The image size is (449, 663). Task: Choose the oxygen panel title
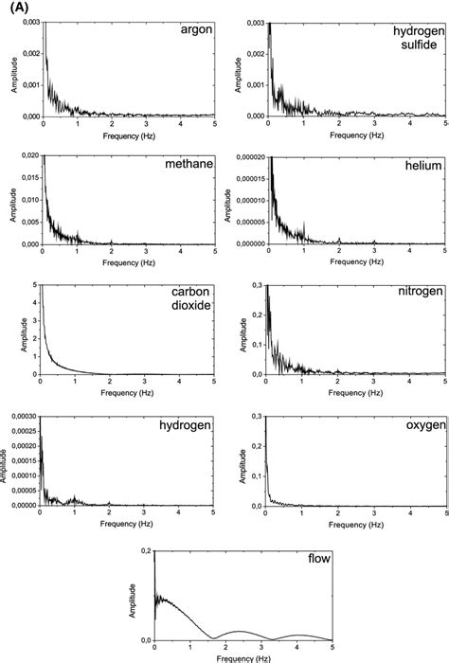pos(421,426)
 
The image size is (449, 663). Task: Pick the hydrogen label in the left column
pos(184,427)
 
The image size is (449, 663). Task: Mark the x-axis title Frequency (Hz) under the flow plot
pos(242,657)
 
